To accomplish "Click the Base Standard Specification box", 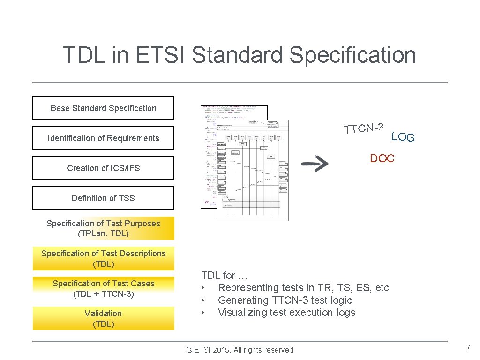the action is pos(103,108).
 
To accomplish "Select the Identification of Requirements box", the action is pos(103,138).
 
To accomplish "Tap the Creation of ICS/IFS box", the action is pos(103,168).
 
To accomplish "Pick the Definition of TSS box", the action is pos(103,198).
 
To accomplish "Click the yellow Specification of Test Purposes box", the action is pos(103,228).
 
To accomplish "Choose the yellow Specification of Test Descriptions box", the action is pos(103,258).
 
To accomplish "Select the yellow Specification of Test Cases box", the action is pos(103,288).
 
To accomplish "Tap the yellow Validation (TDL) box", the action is pos(103,318).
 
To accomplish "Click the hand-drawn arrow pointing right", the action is pos(315,163).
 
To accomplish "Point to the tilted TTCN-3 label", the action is pos(364,127).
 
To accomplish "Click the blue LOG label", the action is pos(403,137).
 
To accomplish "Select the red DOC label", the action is pos(382,158).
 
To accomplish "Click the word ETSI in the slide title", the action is pos(161,55).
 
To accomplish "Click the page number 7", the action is pos(467,348).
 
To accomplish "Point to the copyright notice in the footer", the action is pos(240,350).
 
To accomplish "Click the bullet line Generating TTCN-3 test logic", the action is pos(285,300).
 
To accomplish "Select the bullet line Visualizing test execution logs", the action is pos(286,312).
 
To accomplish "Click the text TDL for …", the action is pos(225,275).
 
